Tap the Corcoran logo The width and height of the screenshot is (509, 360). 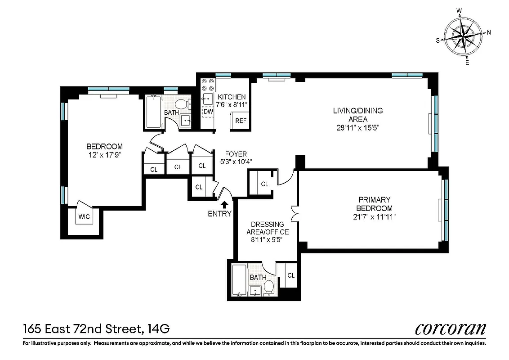point(451,328)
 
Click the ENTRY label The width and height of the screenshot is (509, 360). point(219,214)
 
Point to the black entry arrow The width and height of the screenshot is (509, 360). point(219,205)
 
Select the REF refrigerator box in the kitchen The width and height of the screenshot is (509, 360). point(241,121)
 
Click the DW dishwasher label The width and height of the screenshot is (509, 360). point(208,111)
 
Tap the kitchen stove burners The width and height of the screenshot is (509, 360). point(208,84)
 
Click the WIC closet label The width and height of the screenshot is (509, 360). point(84,217)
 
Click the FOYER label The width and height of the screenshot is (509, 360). point(233,154)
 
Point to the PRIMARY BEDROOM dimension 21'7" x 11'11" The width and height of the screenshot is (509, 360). point(374,217)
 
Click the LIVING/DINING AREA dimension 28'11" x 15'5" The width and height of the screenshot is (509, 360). point(357,127)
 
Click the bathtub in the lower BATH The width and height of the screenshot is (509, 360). point(239,281)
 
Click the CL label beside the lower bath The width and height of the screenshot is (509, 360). point(291,275)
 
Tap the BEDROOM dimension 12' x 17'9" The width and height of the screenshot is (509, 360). point(104,154)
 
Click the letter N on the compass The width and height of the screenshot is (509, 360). point(489,32)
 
